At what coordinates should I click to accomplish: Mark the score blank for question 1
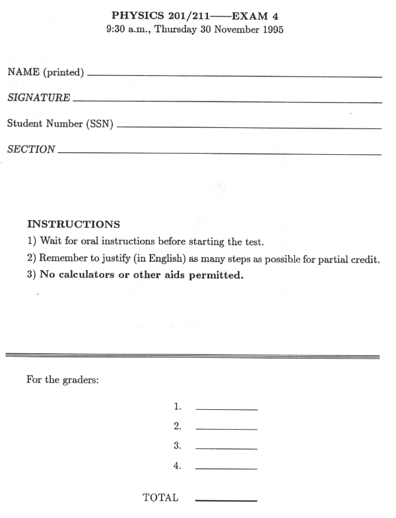pos(226,410)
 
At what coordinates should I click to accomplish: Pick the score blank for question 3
pos(226,449)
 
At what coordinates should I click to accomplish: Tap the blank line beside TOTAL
pos(226,501)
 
